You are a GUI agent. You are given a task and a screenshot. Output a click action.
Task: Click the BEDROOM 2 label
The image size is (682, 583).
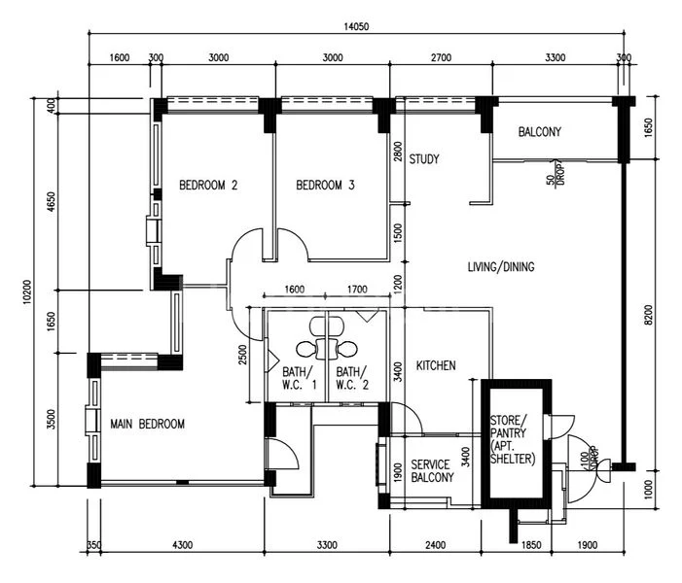[x=208, y=185]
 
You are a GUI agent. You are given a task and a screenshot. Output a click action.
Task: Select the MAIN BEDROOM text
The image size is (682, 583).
[x=147, y=424]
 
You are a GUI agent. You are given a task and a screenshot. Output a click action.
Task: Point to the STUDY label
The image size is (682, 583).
[x=424, y=159]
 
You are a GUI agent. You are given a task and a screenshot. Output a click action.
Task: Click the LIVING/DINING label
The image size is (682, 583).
[x=500, y=266]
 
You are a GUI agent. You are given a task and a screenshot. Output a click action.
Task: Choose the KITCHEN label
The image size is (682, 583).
[x=436, y=365]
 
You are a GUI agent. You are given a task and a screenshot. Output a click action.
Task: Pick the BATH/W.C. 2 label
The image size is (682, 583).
[x=351, y=378]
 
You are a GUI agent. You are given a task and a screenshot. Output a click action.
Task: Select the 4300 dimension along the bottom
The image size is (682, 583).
[x=181, y=545]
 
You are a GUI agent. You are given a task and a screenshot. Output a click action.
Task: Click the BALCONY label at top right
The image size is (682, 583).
[x=539, y=132]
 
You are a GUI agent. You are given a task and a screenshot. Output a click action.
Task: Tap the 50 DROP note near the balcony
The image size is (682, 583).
[x=554, y=175]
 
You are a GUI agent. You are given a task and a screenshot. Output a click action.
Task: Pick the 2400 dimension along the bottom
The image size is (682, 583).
[x=435, y=545]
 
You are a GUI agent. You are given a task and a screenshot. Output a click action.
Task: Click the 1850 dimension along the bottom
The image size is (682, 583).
[x=531, y=545]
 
